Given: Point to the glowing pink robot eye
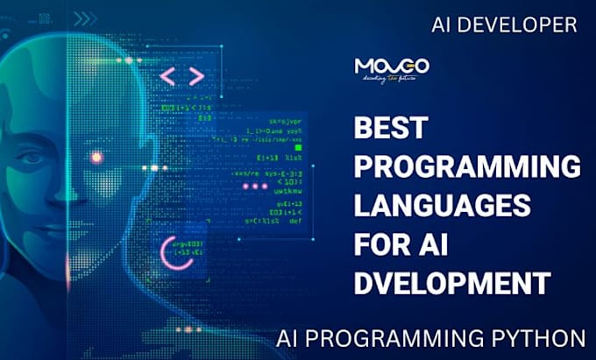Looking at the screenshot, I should pyautogui.click(x=96, y=158).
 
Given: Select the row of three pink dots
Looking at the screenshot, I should pyautogui.click(x=254, y=187).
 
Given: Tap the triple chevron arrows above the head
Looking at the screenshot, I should pyautogui.click(x=86, y=18).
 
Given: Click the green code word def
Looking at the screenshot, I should pyautogui.click(x=294, y=221).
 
